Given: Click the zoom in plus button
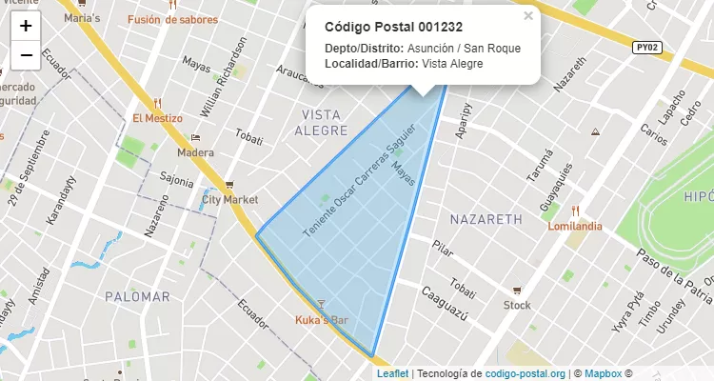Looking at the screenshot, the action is [x=26, y=26].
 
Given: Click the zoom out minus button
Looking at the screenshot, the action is [x=26, y=55].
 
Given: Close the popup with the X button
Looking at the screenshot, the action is [x=528, y=16].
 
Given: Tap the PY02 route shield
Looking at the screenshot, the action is [x=647, y=47].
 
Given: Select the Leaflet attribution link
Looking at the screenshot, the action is [x=391, y=374].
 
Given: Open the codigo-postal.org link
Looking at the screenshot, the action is [x=526, y=374].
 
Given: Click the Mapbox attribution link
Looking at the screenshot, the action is [x=603, y=374].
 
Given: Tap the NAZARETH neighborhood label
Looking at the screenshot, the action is [x=486, y=219].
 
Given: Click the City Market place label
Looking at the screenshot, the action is [x=229, y=200].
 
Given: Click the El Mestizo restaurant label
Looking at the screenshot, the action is [x=157, y=118].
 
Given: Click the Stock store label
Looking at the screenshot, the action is [x=517, y=306].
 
